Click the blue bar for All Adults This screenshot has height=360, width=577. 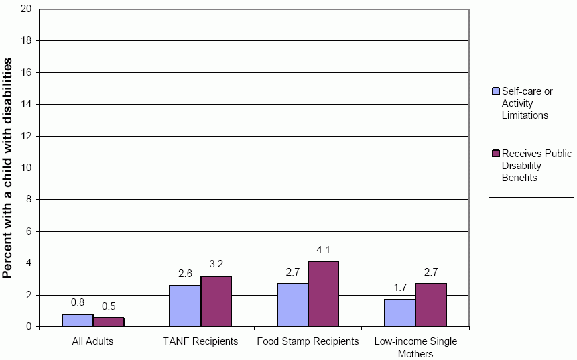[x=78, y=320]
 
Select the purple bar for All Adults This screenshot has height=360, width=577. [x=109, y=322]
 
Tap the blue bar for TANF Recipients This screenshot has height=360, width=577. [x=185, y=306]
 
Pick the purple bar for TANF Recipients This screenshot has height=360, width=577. [x=216, y=301]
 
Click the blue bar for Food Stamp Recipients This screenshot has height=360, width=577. [x=293, y=305]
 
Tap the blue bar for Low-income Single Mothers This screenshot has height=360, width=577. [x=400, y=313]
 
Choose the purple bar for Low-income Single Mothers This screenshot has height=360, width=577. [x=431, y=305]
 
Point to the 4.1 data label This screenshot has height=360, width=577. [x=324, y=251]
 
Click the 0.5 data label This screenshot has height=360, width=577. [x=109, y=307]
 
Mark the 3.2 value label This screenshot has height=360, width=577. [x=216, y=265]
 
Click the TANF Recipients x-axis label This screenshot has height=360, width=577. [x=200, y=341]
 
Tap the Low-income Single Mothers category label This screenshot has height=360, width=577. [x=415, y=347]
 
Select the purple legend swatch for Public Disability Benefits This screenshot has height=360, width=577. [x=496, y=154]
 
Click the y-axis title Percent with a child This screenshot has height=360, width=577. [x=8, y=168]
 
